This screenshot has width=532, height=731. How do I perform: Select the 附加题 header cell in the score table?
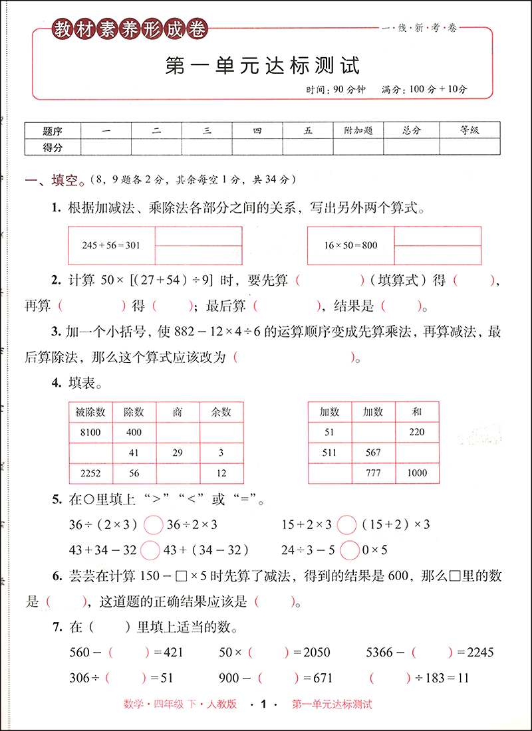click(x=358, y=131)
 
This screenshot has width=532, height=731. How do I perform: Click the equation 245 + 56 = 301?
click(x=111, y=245)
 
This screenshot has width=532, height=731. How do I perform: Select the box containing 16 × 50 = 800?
click(x=350, y=245)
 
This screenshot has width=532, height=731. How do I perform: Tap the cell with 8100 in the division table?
click(x=90, y=433)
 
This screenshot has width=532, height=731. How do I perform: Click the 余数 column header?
click(x=221, y=412)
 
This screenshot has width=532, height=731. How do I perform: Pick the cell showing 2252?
click(x=90, y=473)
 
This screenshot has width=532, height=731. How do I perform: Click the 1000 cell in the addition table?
click(x=417, y=473)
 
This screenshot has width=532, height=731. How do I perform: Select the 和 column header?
click(x=417, y=412)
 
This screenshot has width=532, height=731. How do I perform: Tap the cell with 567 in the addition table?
click(x=373, y=453)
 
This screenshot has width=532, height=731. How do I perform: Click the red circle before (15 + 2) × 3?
click(x=346, y=525)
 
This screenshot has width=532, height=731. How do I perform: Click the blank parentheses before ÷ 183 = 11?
click(x=390, y=679)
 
